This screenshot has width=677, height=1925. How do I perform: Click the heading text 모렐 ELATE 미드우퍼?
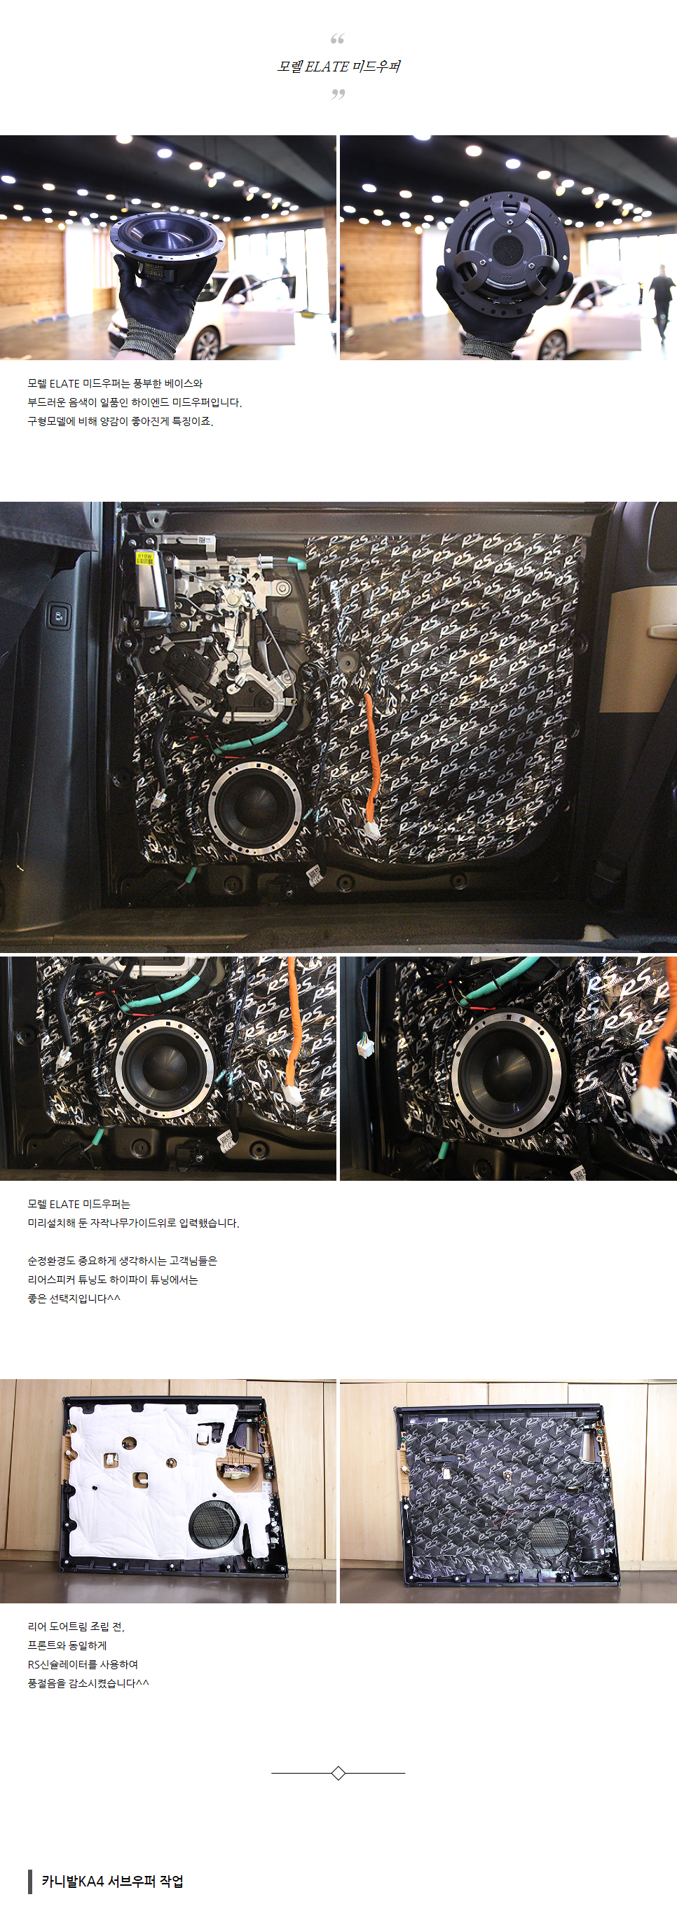click(x=338, y=67)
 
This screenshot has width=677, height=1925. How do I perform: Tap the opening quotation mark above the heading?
click(x=338, y=39)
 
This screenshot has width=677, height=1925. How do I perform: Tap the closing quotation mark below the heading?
click(x=338, y=94)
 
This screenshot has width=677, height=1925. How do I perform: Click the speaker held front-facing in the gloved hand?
click(x=167, y=238)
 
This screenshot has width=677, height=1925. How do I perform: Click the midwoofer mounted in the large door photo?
click(x=255, y=808)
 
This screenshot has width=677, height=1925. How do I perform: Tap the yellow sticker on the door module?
click(x=144, y=556)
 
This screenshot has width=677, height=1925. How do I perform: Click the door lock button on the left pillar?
click(x=59, y=617)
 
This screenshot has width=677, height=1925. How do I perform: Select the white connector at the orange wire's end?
click(x=371, y=830)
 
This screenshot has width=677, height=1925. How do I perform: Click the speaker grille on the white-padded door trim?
click(x=214, y=1523)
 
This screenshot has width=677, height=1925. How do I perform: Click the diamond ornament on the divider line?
click(x=338, y=1772)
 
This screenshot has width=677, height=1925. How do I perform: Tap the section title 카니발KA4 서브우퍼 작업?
click(x=112, y=1881)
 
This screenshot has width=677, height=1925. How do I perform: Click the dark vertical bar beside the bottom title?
click(x=30, y=1882)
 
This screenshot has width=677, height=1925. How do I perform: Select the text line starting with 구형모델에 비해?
click(x=121, y=421)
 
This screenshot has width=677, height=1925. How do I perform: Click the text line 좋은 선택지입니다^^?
click(x=74, y=1298)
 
